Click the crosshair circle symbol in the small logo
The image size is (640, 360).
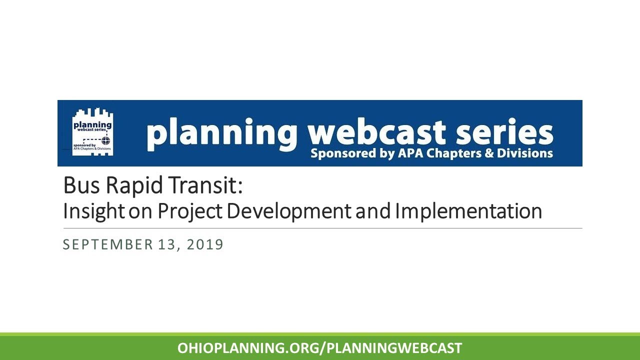click(x=104, y=139)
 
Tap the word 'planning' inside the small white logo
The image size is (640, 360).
click(x=92, y=123)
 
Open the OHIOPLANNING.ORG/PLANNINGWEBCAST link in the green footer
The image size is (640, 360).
click(x=320, y=348)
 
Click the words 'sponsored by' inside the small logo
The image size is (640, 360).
click(x=84, y=145)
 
